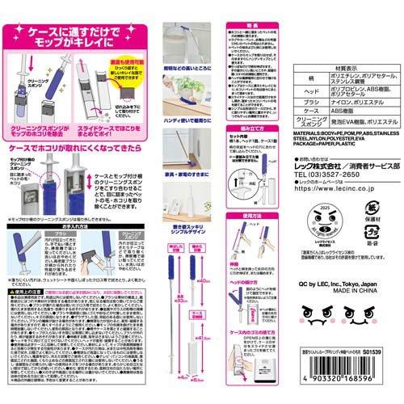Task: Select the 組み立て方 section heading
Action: point(251,127)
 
